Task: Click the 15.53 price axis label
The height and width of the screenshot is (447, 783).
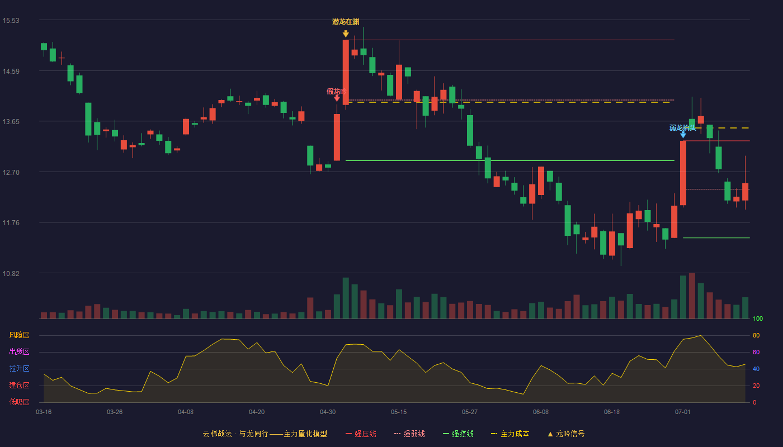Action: pyautogui.click(x=11, y=21)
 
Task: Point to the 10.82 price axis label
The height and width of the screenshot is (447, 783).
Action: pyautogui.click(x=11, y=273)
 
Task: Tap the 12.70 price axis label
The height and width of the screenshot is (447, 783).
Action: pyautogui.click(x=11, y=173)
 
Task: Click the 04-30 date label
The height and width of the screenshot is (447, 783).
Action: pyautogui.click(x=328, y=412)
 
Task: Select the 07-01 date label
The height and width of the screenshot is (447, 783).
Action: pyautogui.click(x=683, y=412)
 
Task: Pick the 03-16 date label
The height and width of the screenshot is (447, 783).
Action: pyautogui.click(x=44, y=412)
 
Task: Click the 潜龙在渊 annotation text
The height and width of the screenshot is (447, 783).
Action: pyautogui.click(x=346, y=22)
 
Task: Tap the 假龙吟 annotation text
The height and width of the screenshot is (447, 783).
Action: pyautogui.click(x=337, y=92)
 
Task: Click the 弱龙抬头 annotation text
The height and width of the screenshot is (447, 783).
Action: pyautogui.click(x=683, y=128)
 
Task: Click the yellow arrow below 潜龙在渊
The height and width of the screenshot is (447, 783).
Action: pyautogui.click(x=346, y=34)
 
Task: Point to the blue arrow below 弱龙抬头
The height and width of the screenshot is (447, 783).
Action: pyautogui.click(x=683, y=135)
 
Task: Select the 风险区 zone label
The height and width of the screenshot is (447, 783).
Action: pyautogui.click(x=19, y=335)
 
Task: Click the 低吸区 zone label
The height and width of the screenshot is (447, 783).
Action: pyautogui.click(x=19, y=402)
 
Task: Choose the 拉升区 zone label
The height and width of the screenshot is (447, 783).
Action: pyautogui.click(x=19, y=369)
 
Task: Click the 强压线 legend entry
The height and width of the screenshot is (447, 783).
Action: pyautogui.click(x=361, y=434)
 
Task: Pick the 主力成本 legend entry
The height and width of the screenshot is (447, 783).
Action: pyautogui.click(x=510, y=434)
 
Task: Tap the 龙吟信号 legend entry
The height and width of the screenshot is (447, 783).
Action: pyautogui.click(x=566, y=434)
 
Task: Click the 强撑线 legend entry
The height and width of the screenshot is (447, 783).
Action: pyautogui.click(x=458, y=434)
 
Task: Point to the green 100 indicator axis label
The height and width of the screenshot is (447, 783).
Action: pyautogui.click(x=758, y=319)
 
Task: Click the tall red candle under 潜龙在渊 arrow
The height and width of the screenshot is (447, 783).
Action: pyautogui.click(x=346, y=72)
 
